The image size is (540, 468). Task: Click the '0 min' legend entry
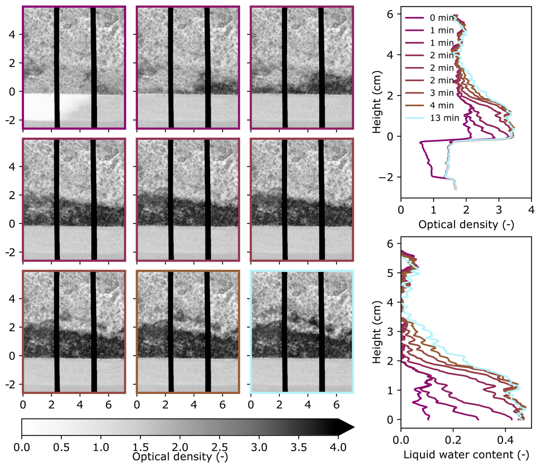pos(441,18)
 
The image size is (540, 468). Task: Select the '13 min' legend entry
pos(444,118)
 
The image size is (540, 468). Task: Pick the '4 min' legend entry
pos(441,105)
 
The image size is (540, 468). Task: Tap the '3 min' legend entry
pos(441,93)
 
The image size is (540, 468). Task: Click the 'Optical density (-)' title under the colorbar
pos(180,457)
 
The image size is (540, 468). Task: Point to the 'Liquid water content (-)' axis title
pos(466,455)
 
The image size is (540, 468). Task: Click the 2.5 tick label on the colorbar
pos(219,447)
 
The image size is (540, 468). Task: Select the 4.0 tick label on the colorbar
pos(338,447)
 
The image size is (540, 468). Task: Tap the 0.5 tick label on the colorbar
pos(61,447)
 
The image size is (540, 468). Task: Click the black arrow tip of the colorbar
pos(347,427)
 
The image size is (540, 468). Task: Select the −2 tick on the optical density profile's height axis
pos(386,177)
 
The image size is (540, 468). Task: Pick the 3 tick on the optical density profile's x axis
pos(499,210)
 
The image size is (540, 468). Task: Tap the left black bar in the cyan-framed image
pos(285,331)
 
